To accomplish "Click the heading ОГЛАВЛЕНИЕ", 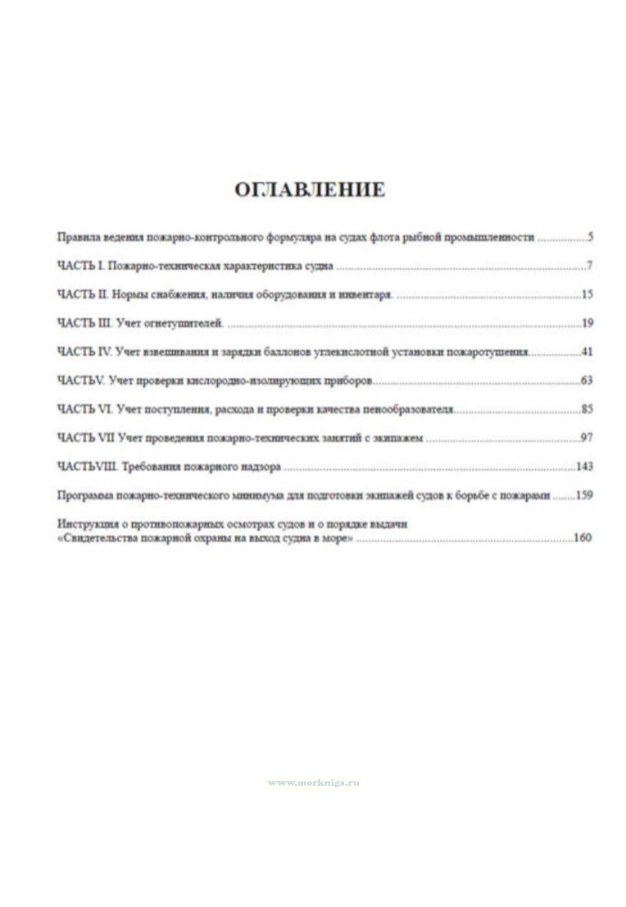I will pyautogui.click(x=310, y=190).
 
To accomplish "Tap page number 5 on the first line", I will pyautogui.click(x=590, y=237).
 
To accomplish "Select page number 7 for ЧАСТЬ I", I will pyautogui.click(x=590, y=266).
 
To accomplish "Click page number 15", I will pyautogui.click(x=587, y=295).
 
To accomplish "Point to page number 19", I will pyautogui.click(x=587, y=323).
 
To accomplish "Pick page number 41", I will pyautogui.click(x=587, y=352).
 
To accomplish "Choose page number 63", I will pyautogui.click(x=587, y=380).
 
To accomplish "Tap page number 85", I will pyautogui.click(x=587, y=409).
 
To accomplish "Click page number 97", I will pyautogui.click(x=587, y=437).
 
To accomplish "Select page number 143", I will pyautogui.click(x=585, y=467).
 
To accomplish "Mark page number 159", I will pyautogui.click(x=584, y=495).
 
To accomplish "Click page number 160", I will pyautogui.click(x=583, y=538).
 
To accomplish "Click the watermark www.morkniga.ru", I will pyautogui.click(x=314, y=783).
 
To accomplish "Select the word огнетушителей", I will pyautogui.click(x=183, y=324).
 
